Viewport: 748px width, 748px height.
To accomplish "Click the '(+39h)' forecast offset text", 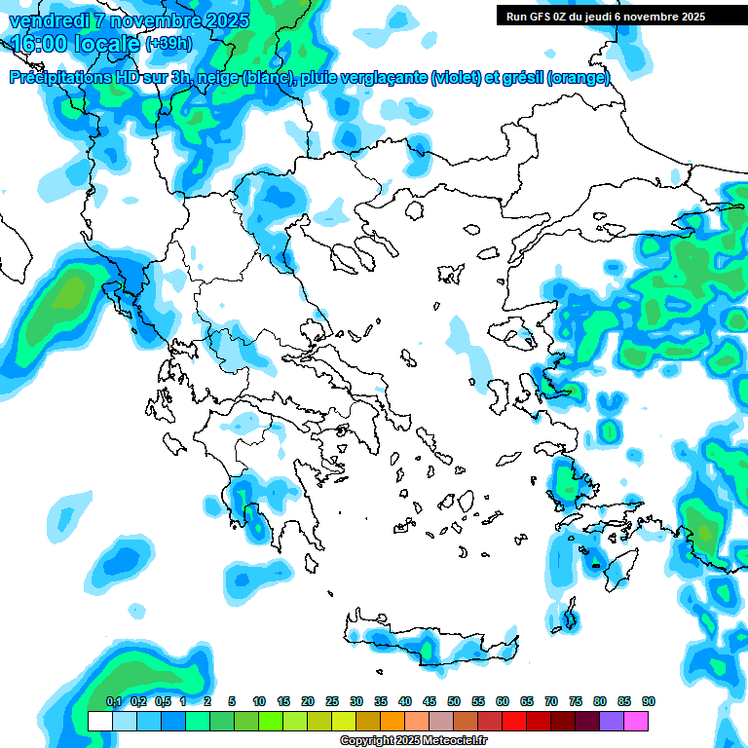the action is [168, 45].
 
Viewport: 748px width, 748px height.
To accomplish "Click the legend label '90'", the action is [648, 701].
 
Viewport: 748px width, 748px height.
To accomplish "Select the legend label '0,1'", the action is [113, 701].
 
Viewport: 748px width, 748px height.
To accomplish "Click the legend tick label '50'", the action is [454, 701].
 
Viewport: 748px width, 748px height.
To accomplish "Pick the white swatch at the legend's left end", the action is [99, 721].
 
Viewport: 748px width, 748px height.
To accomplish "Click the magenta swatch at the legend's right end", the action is [636, 721].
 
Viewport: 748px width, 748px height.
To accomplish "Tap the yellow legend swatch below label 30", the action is [344, 721].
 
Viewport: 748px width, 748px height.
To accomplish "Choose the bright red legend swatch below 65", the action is [514, 721].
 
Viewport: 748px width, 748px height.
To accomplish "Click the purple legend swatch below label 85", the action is [612, 721].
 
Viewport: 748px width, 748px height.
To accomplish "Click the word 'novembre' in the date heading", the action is [147, 20].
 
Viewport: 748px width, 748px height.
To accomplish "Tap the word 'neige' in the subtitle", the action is [218, 78].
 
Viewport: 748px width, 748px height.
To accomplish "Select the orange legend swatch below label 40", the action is [393, 721].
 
